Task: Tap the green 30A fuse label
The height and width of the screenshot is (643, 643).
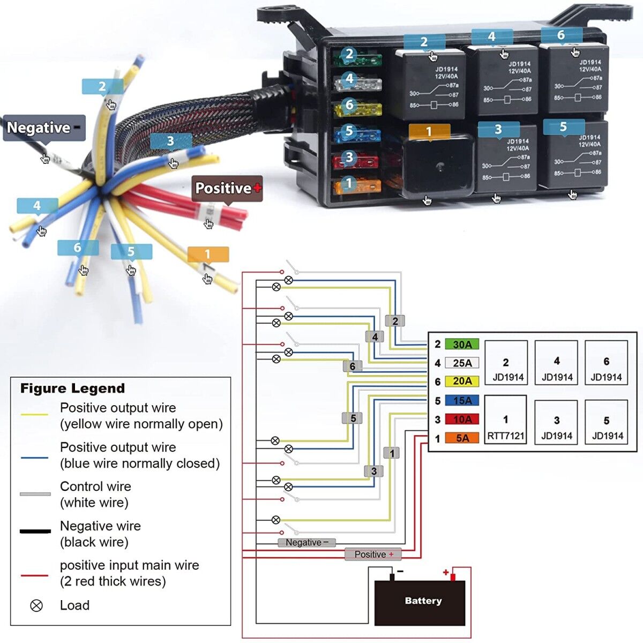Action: (462, 345)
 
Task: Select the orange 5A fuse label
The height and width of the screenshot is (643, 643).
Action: (462, 438)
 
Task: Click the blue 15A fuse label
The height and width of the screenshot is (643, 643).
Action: (462, 401)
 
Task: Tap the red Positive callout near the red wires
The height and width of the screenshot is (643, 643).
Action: (227, 189)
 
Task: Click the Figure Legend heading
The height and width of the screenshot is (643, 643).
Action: (72, 388)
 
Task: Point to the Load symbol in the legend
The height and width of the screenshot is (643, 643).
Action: (36, 605)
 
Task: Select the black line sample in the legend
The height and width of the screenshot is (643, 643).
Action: (35, 532)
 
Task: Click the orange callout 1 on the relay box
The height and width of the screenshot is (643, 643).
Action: (429, 132)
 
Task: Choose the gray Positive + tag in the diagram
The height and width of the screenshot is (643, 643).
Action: (373, 555)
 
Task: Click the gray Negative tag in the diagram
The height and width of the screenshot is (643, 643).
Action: (306, 543)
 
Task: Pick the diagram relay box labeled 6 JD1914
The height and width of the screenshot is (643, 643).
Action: (606, 363)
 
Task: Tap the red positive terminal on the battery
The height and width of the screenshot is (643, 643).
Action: (452, 577)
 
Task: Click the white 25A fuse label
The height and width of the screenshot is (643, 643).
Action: (462, 363)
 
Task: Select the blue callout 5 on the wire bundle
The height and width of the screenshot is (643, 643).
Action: (131, 252)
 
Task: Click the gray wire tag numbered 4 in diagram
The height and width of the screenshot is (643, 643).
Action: (375, 337)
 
